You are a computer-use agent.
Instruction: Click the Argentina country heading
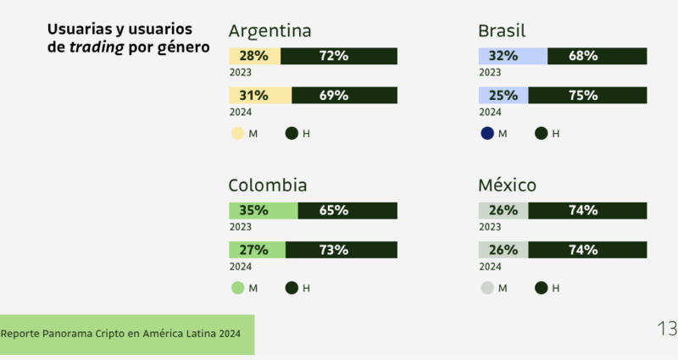(270, 31)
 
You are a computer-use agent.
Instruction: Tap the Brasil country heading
(502, 31)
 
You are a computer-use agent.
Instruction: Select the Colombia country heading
(268, 186)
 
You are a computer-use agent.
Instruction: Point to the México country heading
(507, 186)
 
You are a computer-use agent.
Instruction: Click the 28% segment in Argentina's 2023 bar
(254, 56)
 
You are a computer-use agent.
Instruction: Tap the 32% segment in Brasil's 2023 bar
(513, 56)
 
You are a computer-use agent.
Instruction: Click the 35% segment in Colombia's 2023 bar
(263, 211)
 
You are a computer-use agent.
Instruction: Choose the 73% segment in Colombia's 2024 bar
(341, 250)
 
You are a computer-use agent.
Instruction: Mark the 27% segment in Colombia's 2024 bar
(257, 250)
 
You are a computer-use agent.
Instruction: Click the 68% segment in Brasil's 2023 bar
(597, 56)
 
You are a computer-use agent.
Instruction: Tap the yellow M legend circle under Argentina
(237, 133)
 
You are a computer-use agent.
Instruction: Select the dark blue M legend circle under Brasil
(486, 133)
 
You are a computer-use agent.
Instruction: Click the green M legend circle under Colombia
(237, 288)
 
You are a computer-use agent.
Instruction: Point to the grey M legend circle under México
(486, 288)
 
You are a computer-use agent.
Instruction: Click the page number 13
(666, 329)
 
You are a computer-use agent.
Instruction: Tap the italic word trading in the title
(96, 47)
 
